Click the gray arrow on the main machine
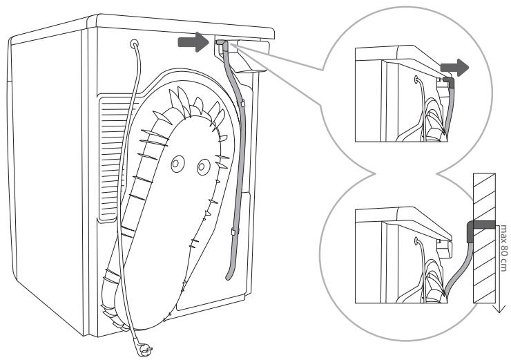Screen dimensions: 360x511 point(191,44)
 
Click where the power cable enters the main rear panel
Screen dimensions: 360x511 point(134,44)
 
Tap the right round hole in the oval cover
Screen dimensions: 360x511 point(202,167)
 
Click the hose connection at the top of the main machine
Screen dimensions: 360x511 point(220,44)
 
